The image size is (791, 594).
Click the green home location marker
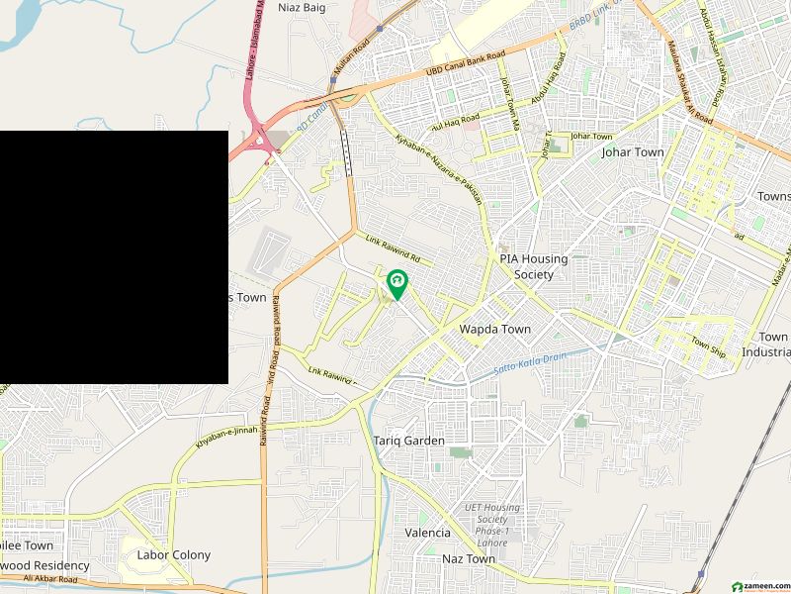coord(396,284)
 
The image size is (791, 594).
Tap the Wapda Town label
coord(494,330)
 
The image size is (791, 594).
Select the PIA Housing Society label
coord(533,266)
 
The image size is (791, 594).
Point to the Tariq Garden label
coord(409,441)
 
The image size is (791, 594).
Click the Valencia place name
coord(427,533)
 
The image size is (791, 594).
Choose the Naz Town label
coord(468,559)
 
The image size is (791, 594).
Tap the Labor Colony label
coord(173,555)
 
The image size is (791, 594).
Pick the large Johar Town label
coord(633,152)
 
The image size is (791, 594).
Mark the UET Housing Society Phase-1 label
coord(491,518)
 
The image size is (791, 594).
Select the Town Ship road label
coord(708,346)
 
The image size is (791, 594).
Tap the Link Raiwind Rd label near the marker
coord(394,249)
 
